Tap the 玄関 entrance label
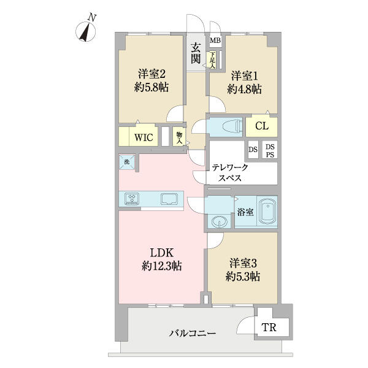tap(196, 52)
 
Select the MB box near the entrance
tap(215, 41)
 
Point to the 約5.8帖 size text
tap(151, 87)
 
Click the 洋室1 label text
tap(245, 76)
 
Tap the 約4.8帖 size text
tap(245, 89)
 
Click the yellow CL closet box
tap(261, 126)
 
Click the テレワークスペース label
tap(231, 172)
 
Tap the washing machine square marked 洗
tap(127, 162)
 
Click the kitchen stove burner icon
tap(132, 199)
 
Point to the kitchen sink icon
tap(169, 199)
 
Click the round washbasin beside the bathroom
tap(218, 221)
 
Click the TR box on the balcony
tap(269, 328)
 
